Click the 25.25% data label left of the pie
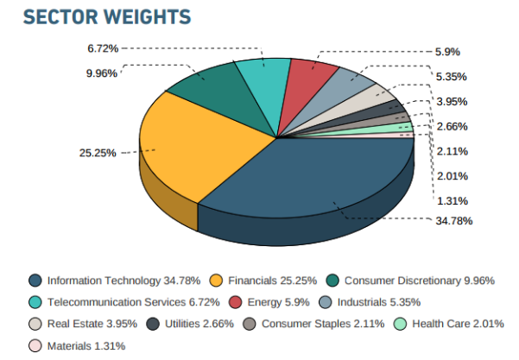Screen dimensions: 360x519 pyautogui.click(x=98, y=154)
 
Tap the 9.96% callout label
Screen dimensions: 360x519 pyautogui.click(x=102, y=73)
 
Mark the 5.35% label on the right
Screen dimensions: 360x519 pyautogui.click(x=452, y=76)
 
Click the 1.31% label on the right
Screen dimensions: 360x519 pyautogui.click(x=452, y=200)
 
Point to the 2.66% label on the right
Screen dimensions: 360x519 pyautogui.click(x=452, y=126)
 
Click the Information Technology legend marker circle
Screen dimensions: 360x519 pyautogui.click(x=35, y=281)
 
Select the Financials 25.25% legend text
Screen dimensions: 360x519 pyautogui.click(x=269, y=281)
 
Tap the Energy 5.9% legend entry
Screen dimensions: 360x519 pyautogui.click(x=275, y=302)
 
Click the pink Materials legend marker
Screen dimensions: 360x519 pyautogui.click(x=35, y=345)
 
